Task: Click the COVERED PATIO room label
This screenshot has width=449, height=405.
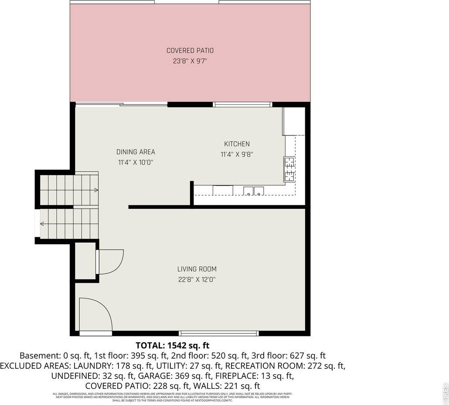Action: pyautogui.click(x=190, y=51)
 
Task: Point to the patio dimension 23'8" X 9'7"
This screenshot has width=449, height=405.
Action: pyautogui.click(x=190, y=61)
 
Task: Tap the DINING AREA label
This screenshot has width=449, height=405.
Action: pyautogui.click(x=136, y=152)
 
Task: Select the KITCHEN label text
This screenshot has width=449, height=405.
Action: pyautogui.click(x=237, y=144)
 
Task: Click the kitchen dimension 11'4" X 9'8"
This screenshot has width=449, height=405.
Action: pyautogui.click(x=237, y=154)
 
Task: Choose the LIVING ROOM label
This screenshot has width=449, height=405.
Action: pyautogui.click(x=197, y=269)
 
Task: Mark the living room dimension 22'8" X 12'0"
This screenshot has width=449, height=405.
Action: pyautogui.click(x=197, y=280)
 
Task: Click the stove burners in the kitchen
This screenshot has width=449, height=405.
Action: pyautogui.click(x=289, y=169)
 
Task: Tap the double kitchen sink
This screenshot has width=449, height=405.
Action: pyautogui.click(x=253, y=190)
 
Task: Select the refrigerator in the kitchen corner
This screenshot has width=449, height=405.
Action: pyautogui.click(x=294, y=121)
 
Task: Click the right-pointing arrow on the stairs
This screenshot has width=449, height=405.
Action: pyautogui.click(x=95, y=190)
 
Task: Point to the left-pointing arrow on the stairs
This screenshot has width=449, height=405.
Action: pyautogui.click(x=42, y=224)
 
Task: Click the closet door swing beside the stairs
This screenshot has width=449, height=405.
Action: pyautogui.click(x=110, y=261)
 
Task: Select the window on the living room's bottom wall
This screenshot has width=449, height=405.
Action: pyautogui.click(x=219, y=333)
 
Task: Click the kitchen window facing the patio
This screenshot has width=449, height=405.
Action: pyautogui.click(x=242, y=104)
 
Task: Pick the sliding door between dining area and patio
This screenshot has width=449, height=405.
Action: pyautogui.click(x=121, y=104)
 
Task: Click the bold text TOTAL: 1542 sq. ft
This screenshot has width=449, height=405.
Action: pyautogui.click(x=169, y=345)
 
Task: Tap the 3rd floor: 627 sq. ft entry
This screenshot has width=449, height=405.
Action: pyautogui.click(x=289, y=356)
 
